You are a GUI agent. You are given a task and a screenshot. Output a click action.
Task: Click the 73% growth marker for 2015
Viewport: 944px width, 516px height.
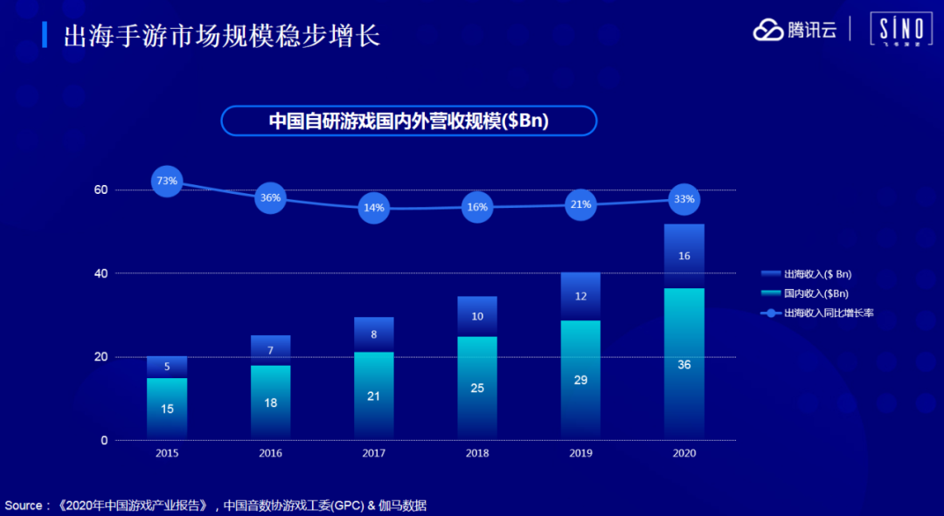(x=167, y=181)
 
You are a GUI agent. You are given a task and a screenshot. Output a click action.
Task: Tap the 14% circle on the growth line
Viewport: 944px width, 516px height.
(x=374, y=208)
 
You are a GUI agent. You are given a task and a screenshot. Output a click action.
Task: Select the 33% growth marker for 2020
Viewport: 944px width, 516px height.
(x=684, y=199)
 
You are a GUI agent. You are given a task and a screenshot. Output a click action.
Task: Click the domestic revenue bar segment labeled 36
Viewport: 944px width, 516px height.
(x=684, y=364)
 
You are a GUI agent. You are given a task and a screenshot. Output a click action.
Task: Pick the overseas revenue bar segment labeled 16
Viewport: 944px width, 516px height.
(x=684, y=256)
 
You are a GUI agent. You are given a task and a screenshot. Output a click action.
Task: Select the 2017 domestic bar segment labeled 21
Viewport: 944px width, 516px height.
(x=374, y=396)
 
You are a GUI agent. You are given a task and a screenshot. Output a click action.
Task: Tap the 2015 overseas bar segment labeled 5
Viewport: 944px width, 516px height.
(x=167, y=367)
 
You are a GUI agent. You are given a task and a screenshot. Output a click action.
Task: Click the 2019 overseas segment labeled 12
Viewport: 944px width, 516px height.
(x=581, y=297)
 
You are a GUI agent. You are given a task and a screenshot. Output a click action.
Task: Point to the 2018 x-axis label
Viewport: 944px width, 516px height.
(x=477, y=453)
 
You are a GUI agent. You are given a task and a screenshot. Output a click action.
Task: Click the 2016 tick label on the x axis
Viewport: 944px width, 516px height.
(x=271, y=453)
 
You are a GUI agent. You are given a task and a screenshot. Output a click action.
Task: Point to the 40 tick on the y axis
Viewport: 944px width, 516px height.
(x=101, y=273)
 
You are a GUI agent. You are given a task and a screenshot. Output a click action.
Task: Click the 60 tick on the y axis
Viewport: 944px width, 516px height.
(x=101, y=190)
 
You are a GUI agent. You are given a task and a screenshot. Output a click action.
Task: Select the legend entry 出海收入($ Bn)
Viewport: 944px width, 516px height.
(x=816, y=274)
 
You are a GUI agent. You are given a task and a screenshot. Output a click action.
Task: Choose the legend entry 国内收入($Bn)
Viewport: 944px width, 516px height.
(x=815, y=293)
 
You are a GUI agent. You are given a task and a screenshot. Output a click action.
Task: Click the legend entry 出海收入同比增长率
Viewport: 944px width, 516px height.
(x=827, y=313)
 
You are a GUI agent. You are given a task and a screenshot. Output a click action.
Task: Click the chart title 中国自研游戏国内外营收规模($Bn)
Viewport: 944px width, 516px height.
(x=408, y=121)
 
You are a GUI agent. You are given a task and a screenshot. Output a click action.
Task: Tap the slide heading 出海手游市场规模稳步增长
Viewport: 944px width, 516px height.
(x=222, y=36)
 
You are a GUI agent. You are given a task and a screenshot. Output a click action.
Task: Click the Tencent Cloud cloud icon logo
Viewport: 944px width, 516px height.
(x=768, y=30)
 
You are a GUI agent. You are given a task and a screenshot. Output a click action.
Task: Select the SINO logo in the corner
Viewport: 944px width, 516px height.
(x=900, y=31)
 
